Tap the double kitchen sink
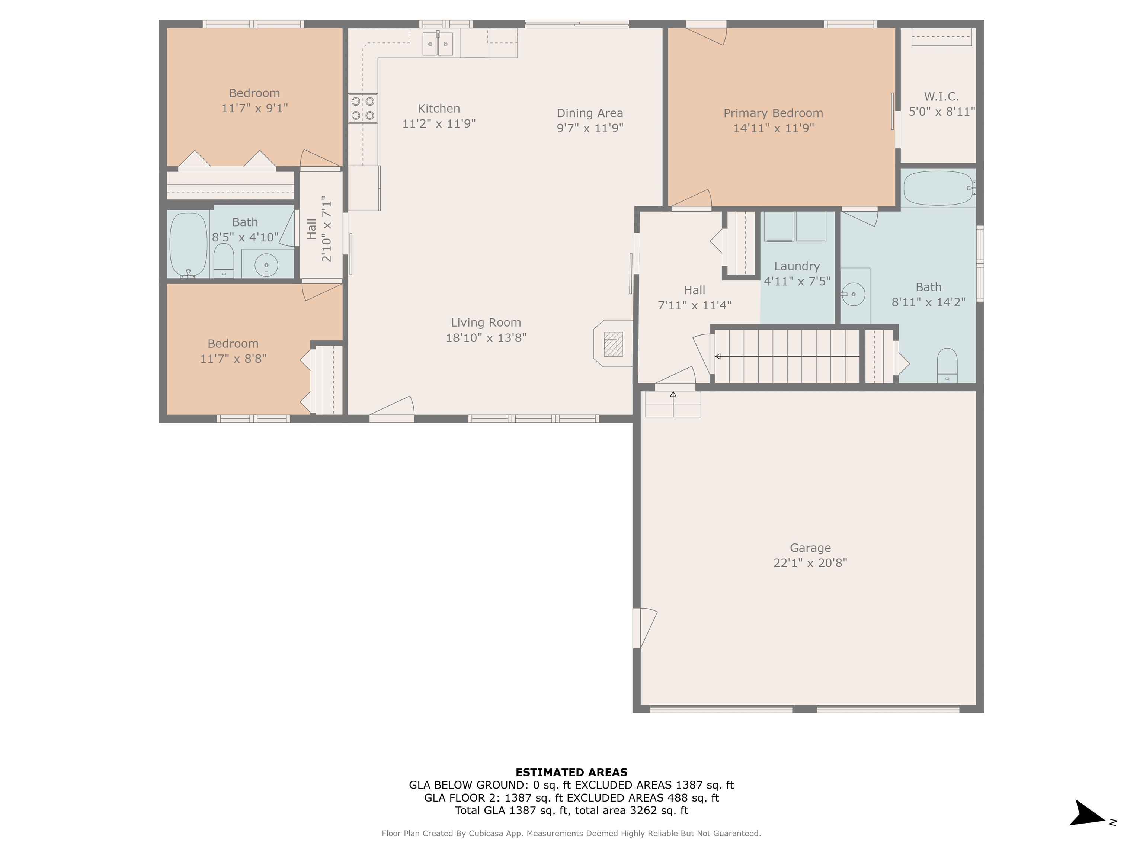438,44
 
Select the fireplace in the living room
613,344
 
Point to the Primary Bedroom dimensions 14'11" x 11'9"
773,128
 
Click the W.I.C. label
941,97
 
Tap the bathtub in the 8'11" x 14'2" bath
938,189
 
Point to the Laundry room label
797,266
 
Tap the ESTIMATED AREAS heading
571,772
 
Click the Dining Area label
590,113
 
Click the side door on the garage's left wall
643,627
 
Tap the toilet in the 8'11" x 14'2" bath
947,366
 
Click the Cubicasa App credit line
571,833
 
